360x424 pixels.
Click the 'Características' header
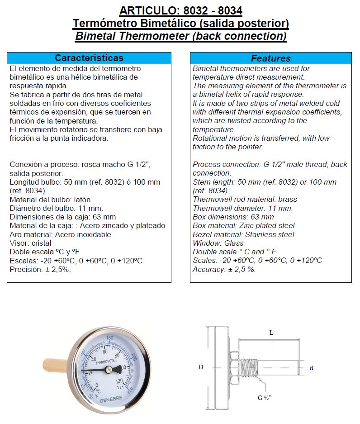click(89, 58)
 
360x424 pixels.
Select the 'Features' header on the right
click(270, 58)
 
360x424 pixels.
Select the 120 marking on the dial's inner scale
click(119, 381)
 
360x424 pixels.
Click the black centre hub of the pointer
click(109, 370)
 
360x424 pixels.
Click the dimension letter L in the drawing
click(271, 333)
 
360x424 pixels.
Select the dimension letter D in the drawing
click(201, 367)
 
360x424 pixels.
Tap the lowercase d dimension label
click(311, 368)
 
